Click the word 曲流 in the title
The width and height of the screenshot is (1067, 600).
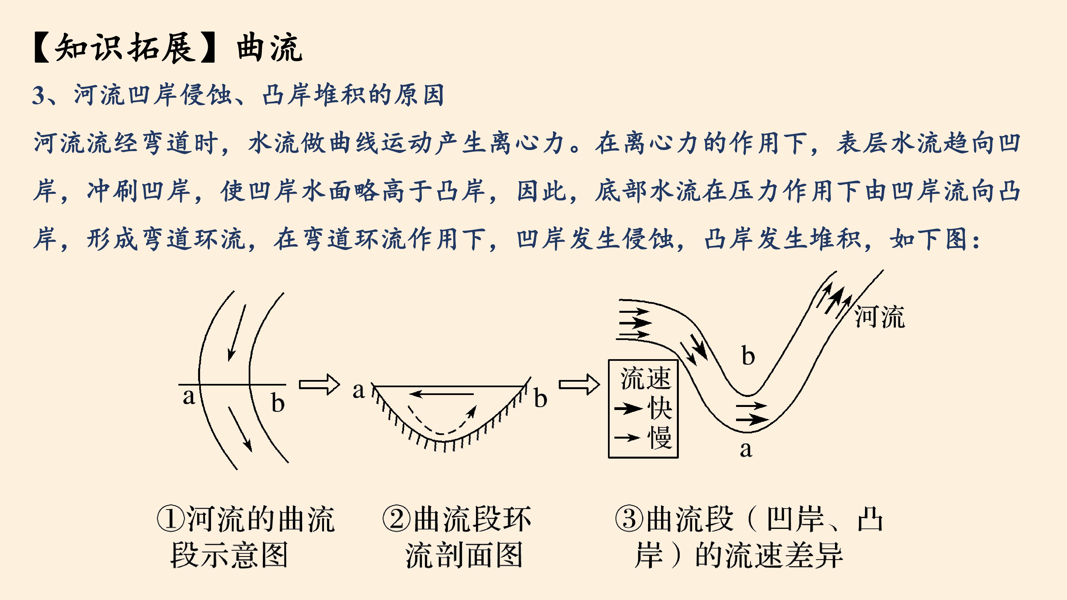pos(269,48)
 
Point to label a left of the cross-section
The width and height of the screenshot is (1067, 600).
pos(359,391)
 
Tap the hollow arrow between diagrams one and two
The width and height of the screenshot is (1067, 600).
pos(319,384)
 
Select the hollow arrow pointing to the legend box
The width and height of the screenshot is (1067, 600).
pos(579,384)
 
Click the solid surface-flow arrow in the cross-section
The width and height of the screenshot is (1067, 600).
pos(442,394)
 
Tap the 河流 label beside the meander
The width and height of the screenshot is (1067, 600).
pos(879,317)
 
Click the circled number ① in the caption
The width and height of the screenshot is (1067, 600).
pos(170,519)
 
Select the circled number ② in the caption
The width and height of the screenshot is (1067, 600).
pos(397,519)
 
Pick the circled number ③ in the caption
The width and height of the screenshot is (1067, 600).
pos(629,519)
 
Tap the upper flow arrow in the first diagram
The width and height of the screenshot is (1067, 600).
pos(236,333)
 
